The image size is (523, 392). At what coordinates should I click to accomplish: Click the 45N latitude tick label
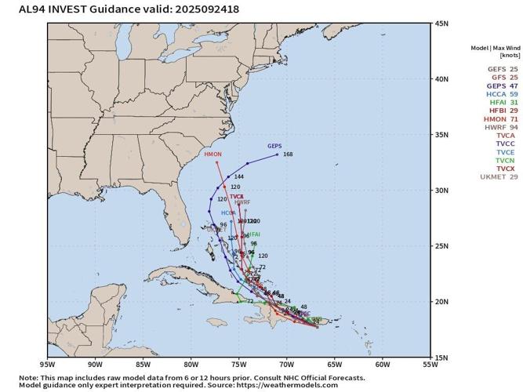[441, 24]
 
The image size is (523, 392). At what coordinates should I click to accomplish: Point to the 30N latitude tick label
[441, 191]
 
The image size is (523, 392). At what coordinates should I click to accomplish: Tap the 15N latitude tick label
[441, 358]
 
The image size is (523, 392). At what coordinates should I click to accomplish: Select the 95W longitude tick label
[47, 365]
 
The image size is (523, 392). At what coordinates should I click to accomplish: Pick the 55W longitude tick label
[430, 365]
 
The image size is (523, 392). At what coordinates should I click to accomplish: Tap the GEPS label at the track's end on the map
[274, 147]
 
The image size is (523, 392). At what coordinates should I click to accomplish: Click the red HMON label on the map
[212, 154]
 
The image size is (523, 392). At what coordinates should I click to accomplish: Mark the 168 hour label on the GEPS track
[288, 154]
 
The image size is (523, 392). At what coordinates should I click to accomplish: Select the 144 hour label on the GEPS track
[239, 177]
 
